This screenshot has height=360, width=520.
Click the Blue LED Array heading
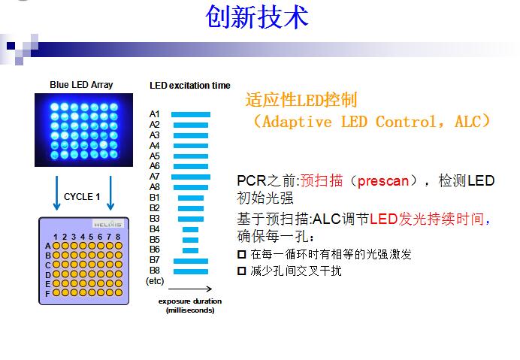[81, 85]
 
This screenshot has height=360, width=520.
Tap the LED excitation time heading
[190, 86]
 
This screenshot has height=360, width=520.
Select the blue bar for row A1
[191, 114]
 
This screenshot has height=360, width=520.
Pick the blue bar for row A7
[191, 177]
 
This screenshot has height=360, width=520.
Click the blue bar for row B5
[191, 240]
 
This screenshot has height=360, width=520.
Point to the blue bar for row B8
[191, 271]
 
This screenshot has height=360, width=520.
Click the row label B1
[155, 198]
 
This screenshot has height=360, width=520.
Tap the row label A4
[155, 145]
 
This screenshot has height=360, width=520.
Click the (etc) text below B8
[155, 280]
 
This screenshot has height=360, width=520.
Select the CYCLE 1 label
[82, 196]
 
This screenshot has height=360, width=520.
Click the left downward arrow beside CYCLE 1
[56, 193]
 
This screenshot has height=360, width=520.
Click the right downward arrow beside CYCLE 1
[110, 193]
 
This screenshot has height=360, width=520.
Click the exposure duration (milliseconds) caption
[189, 305]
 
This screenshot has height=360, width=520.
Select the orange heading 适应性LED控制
[301, 100]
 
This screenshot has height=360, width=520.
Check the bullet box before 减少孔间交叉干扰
[242, 271]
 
